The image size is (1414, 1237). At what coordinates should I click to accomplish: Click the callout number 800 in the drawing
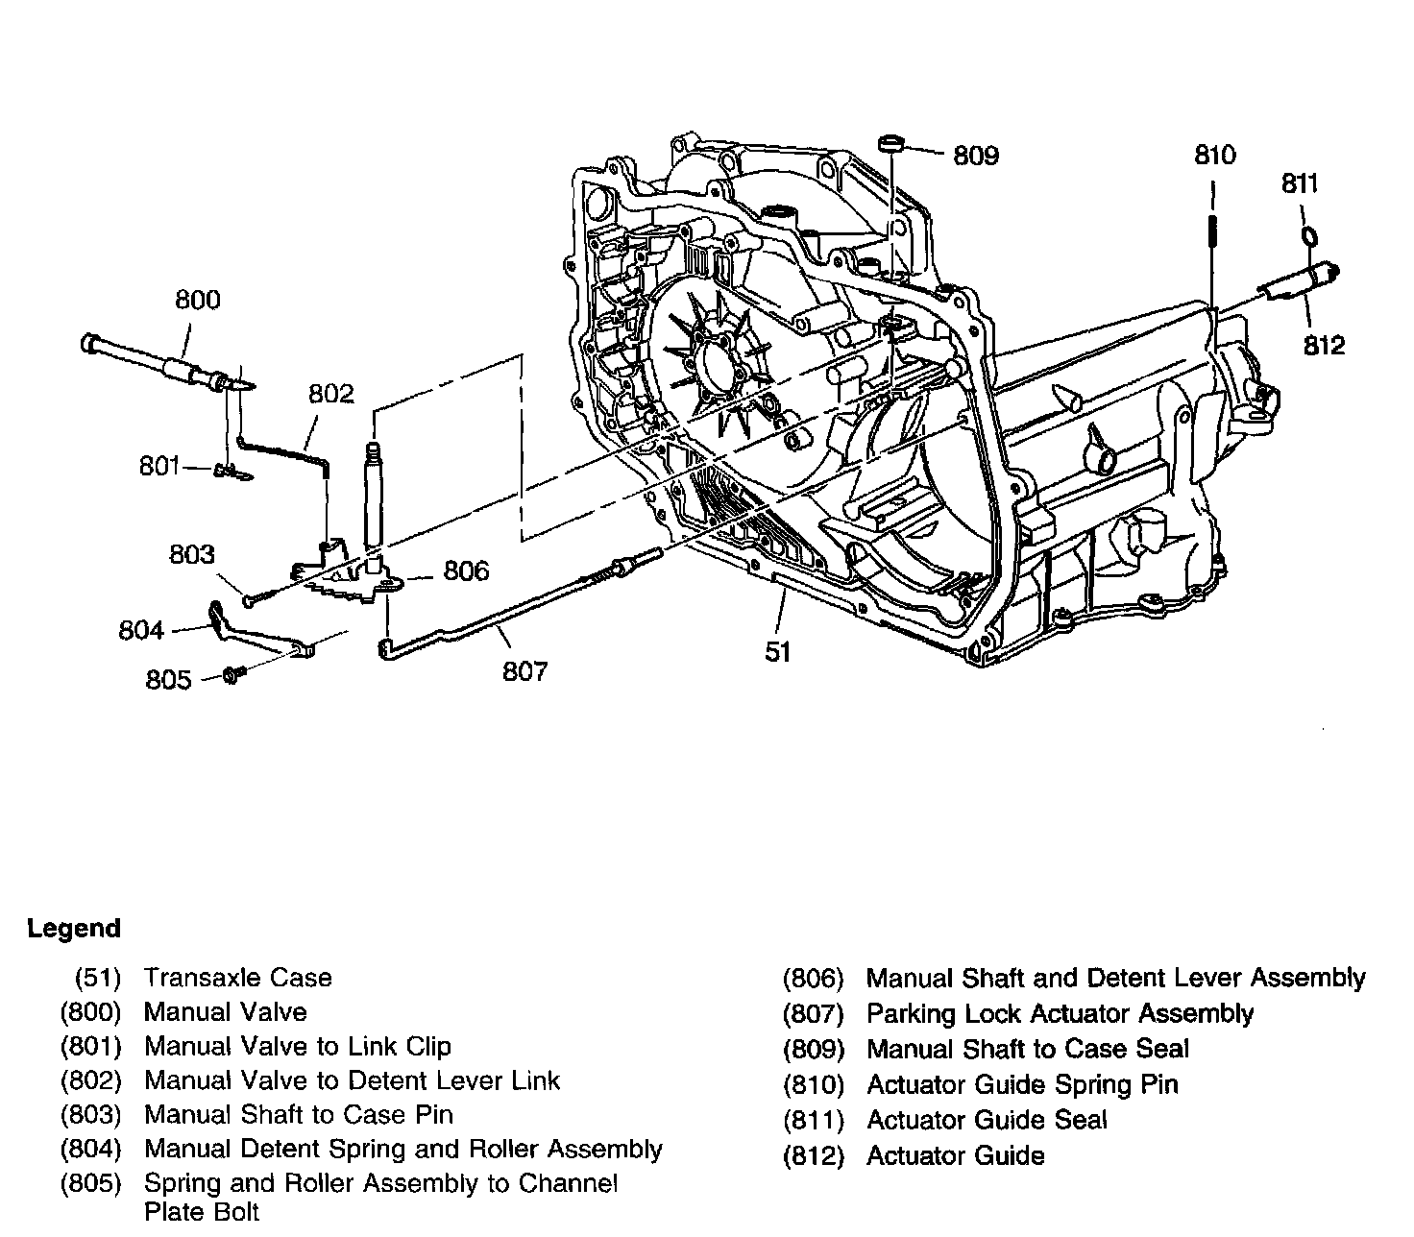pyautogui.click(x=197, y=300)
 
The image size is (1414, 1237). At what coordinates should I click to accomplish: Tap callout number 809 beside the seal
pyautogui.click(x=975, y=155)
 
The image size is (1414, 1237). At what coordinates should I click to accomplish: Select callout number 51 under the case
pyautogui.click(x=777, y=652)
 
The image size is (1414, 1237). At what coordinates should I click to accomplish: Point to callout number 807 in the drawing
pyautogui.click(x=524, y=670)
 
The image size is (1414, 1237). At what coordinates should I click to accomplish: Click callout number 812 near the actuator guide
pyautogui.click(x=1324, y=345)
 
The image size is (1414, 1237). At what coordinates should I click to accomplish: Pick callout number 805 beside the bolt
pyautogui.click(x=168, y=680)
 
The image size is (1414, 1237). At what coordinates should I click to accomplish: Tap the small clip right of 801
pyautogui.click(x=227, y=471)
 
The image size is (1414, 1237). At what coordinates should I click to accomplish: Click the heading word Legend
pyautogui.click(x=74, y=929)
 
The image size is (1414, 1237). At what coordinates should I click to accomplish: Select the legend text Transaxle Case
pyautogui.click(x=237, y=978)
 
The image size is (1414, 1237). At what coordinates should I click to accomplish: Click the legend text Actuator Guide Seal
pyautogui.click(x=987, y=1120)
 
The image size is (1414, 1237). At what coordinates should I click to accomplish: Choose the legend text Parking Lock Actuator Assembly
pyautogui.click(x=1060, y=1013)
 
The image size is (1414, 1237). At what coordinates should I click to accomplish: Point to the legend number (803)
pyautogui.click(x=90, y=1115)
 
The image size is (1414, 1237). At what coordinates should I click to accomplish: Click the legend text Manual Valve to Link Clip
pyautogui.click(x=297, y=1046)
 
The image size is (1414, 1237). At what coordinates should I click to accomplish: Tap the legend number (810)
pyautogui.click(x=813, y=1085)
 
